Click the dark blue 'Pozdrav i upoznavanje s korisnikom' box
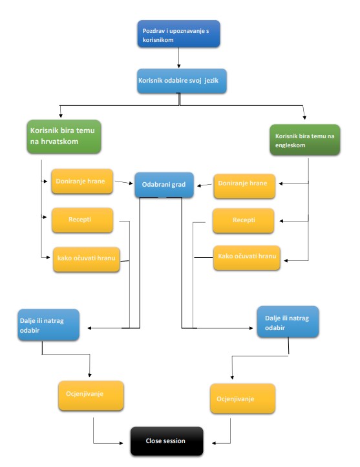click(x=178, y=34)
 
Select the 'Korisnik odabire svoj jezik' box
click(x=182, y=81)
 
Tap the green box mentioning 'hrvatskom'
click(x=64, y=137)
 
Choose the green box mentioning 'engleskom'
click(x=304, y=140)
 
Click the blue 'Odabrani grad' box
click(x=164, y=185)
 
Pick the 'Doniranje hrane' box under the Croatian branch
click(x=82, y=182)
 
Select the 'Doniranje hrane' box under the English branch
click(x=244, y=186)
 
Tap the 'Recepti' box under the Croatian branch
click(x=83, y=220)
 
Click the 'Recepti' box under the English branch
click(x=244, y=221)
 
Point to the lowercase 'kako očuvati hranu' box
click(x=87, y=260)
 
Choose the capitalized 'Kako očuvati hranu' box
click(x=247, y=258)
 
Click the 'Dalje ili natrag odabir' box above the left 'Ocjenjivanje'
click(x=48, y=325)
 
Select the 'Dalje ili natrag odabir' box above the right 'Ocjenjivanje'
click(x=288, y=322)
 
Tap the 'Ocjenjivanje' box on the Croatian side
click(x=91, y=395)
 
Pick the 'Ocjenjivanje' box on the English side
click(x=242, y=399)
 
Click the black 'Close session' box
click(x=167, y=441)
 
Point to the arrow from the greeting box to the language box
click(x=179, y=57)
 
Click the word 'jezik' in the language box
click(x=211, y=80)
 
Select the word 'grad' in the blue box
click(x=178, y=185)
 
